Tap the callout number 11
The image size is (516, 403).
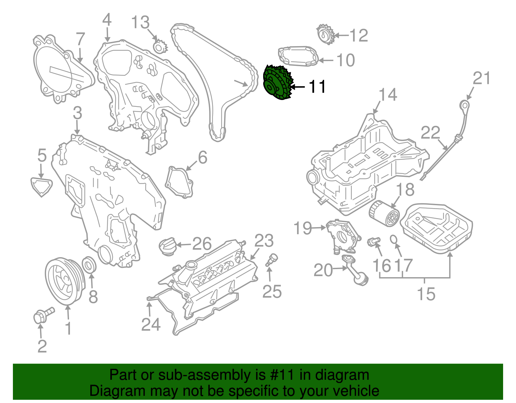pyautogui.click(x=317, y=87)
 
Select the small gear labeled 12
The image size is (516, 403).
pyautogui.click(x=324, y=35)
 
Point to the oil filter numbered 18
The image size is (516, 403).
pyautogui.click(x=384, y=214)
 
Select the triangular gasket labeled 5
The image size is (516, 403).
pyautogui.click(x=41, y=186)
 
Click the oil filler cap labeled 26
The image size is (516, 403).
pyautogui.click(x=167, y=247)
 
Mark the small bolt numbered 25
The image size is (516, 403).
pyautogui.click(x=271, y=260)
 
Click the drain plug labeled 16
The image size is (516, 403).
pyautogui.click(x=373, y=241)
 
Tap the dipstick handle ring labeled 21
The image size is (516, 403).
pyautogui.click(x=464, y=105)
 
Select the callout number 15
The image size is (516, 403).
pyautogui.click(x=426, y=294)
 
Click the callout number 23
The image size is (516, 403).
pyautogui.click(x=264, y=241)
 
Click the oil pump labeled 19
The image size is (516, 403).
pyautogui.click(x=342, y=236)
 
